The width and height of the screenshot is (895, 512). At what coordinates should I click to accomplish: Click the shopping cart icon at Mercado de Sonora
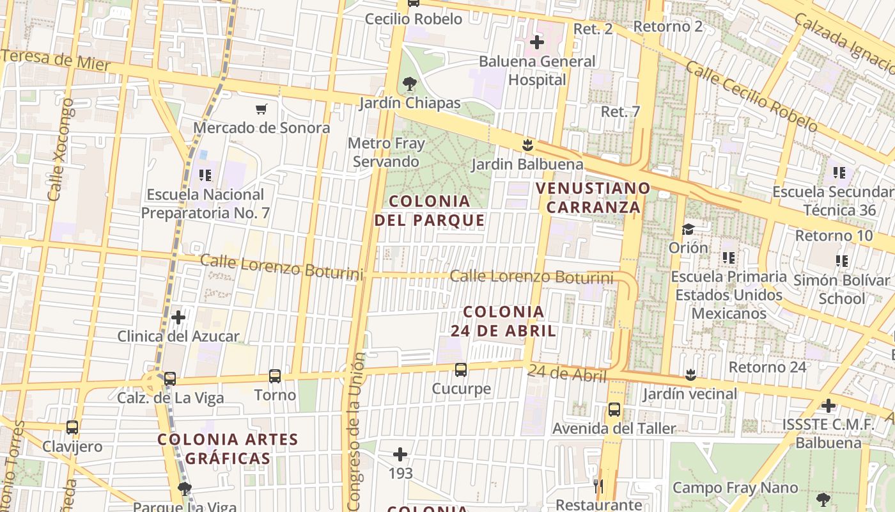click(261, 109)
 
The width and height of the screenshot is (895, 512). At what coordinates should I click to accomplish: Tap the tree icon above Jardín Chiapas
click(409, 84)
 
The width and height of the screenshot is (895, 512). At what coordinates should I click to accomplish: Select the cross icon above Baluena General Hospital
click(537, 42)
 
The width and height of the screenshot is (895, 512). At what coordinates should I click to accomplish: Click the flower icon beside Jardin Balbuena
click(527, 145)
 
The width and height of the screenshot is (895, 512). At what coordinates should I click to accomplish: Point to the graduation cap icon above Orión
click(688, 229)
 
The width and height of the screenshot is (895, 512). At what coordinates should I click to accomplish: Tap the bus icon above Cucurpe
click(460, 369)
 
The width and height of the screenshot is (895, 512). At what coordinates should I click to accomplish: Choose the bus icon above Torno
click(275, 376)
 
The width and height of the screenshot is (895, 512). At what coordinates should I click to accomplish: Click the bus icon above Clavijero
click(72, 428)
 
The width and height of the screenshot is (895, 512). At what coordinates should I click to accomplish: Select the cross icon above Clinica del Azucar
click(178, 317)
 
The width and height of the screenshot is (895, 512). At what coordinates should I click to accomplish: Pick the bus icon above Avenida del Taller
click(614, 410)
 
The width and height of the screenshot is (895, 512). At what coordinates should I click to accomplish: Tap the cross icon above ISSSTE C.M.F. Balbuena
click(829, 405)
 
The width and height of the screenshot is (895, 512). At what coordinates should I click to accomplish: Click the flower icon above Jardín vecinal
click(690, 374)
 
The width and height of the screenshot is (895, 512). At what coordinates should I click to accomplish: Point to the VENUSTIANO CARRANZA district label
click(593, 198)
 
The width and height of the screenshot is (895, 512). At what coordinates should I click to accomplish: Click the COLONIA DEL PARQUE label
click(430, 211)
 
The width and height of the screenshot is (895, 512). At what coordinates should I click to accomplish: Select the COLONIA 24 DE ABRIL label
click(504, 321)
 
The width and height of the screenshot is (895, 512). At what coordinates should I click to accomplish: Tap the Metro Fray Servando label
click(386, 152)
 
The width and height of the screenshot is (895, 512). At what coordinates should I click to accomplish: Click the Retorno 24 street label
click(767, 367)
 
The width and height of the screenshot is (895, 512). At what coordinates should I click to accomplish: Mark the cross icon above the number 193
click(400, 454)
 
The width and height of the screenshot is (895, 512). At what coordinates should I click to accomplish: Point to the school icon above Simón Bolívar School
click(841, 260)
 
